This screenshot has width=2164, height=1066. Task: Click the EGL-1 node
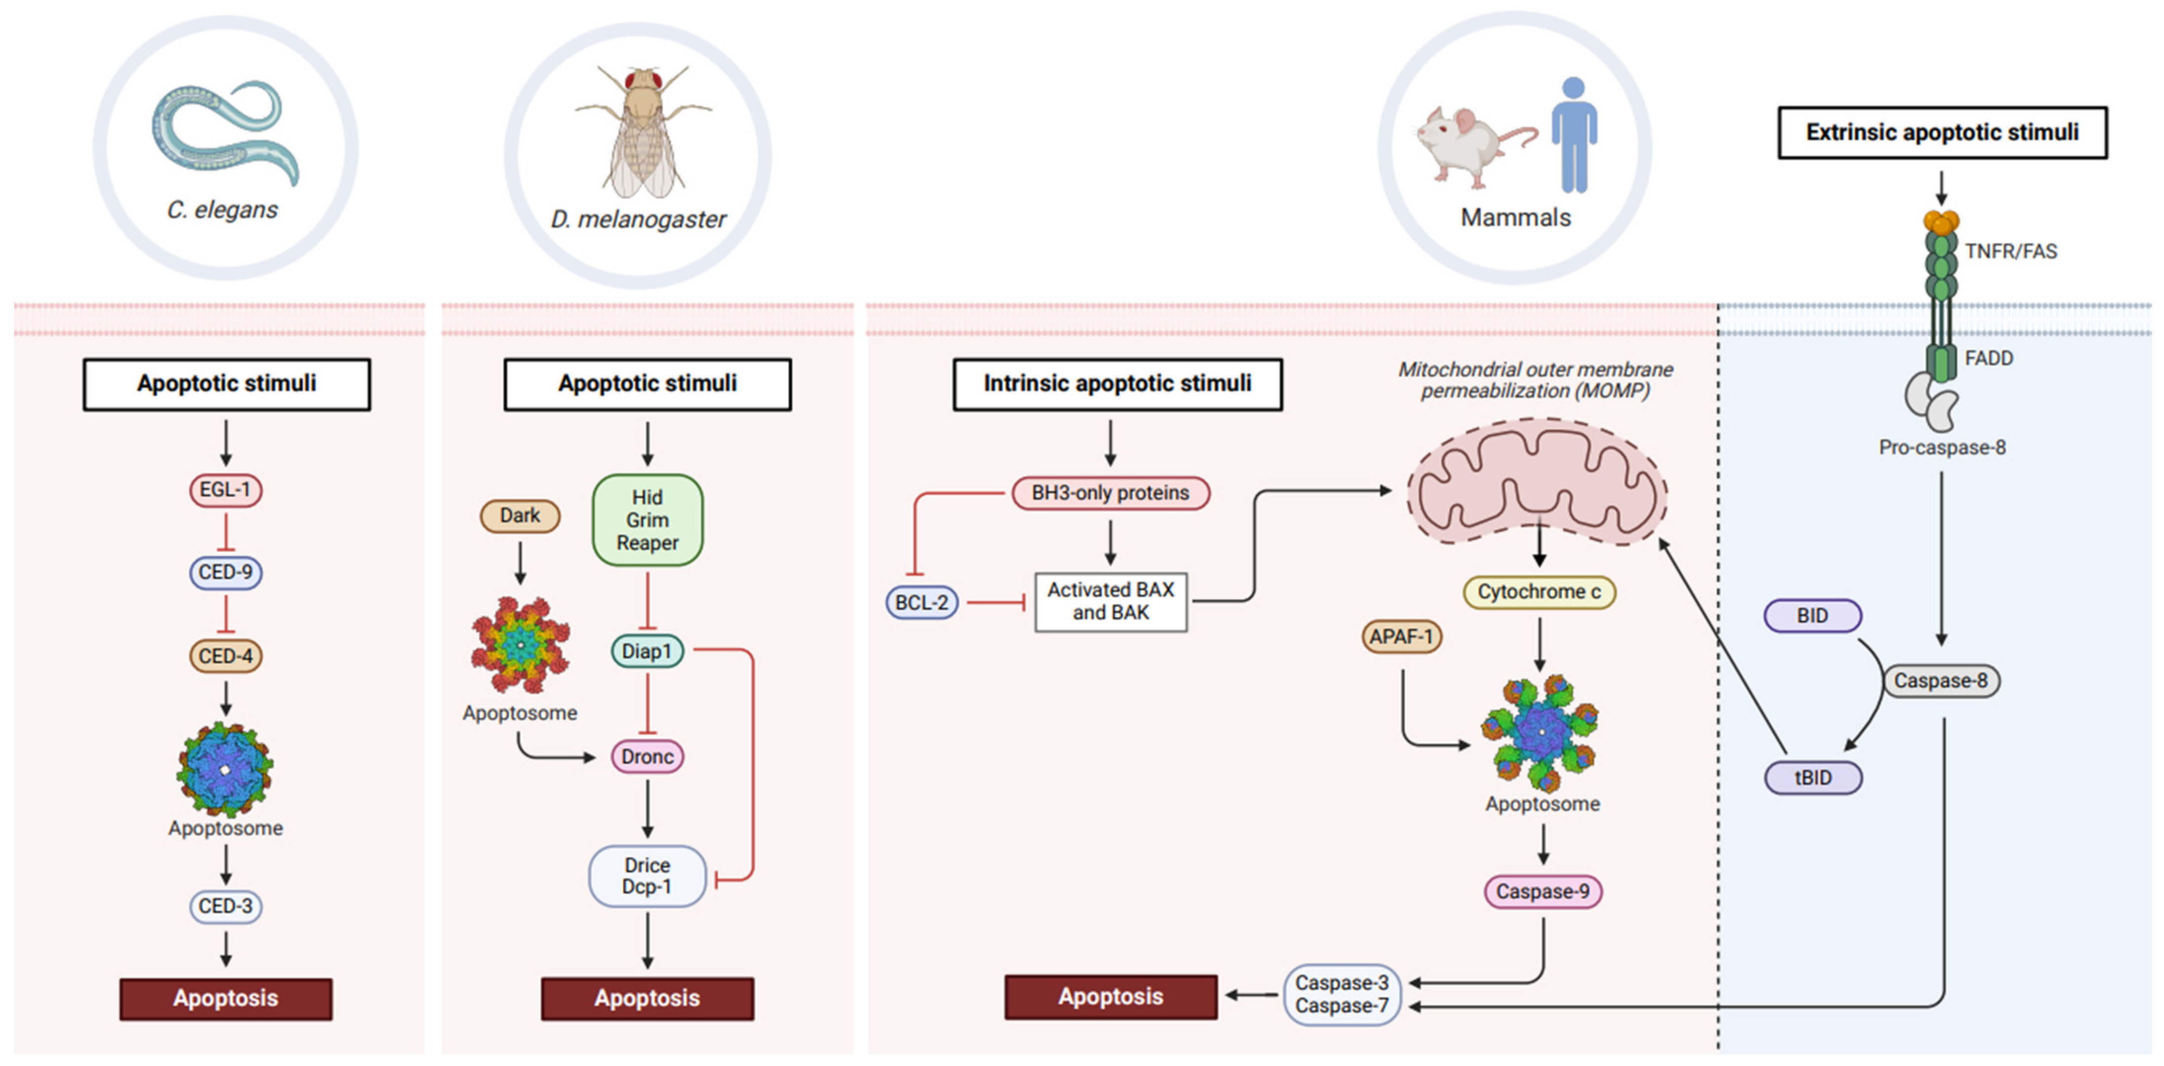pyautogui.click(x=225, y=490)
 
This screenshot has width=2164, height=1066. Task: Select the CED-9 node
pyautogui.click(x=225, y=572)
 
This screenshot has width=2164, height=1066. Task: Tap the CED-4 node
pyautogui.click(x=225, y=655)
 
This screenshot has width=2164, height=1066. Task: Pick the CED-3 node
pyautogui.click(x=225, y=906)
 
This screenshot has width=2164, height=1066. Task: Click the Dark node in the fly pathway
pyautogui.click(x=520, y=515)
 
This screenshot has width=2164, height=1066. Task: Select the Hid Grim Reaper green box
pyautogui.click(x=647, y=520)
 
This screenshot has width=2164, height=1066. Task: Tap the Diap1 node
pyautogui.click(x=647, y=651)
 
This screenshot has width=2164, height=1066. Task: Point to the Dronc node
pyautogui.click(x=647, y=756)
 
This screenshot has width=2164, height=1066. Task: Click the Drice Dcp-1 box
pyautogui.click(x=647, y=876)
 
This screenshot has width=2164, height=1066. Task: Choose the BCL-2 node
pyautogui.click(x=921, y=602)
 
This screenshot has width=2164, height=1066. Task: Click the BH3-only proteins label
pyautogui.click(x=1110, y=493)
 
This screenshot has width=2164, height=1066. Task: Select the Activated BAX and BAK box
pyautogui.click(x=1110, y=602)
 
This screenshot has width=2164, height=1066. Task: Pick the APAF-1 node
pyautogui.click(x=1401, y=637)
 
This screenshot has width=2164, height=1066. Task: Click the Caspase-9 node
pyautogui.click(x=1542, y=891)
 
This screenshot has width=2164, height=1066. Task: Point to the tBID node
pyautogui.click(x=1813, y=777)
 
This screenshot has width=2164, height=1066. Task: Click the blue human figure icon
pyautogui.click(x=1573, y=134)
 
